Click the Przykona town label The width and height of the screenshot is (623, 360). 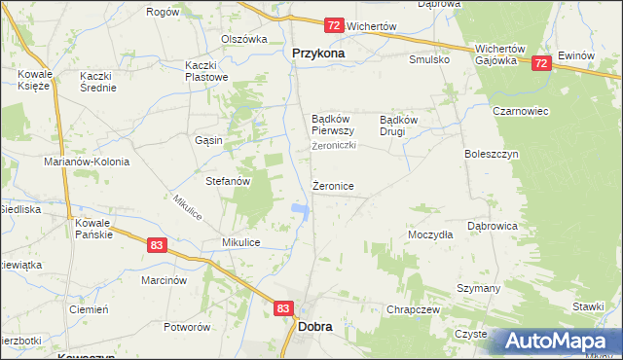point(318,54)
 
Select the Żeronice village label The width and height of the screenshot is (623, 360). point(333,185)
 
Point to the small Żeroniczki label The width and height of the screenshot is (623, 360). point(335,146)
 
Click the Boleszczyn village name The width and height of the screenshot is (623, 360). point(493,154)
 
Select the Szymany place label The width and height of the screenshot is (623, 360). point(478,289)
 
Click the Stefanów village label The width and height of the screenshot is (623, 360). point(229,181)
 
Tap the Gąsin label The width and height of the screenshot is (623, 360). point(208,140)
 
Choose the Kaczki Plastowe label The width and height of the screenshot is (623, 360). point(206,71)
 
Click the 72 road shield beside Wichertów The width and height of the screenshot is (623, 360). point(334,24)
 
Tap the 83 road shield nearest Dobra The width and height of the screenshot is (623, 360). point(282,307)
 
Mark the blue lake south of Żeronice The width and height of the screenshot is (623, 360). point(301,209)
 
